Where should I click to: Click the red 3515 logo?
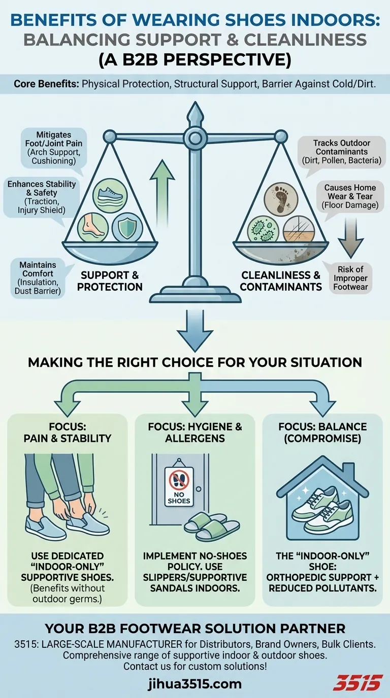[x=356, y=683]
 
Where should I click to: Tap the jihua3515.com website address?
[x=194, y=683]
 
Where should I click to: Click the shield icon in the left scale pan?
[x=123, y=226]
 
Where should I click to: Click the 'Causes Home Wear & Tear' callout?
[x=350, y=196]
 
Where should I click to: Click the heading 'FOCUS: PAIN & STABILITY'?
[x=67, y=432]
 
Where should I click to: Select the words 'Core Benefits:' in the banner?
[x=46, y=84]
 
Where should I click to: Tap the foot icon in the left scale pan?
[x=91, y=226]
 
